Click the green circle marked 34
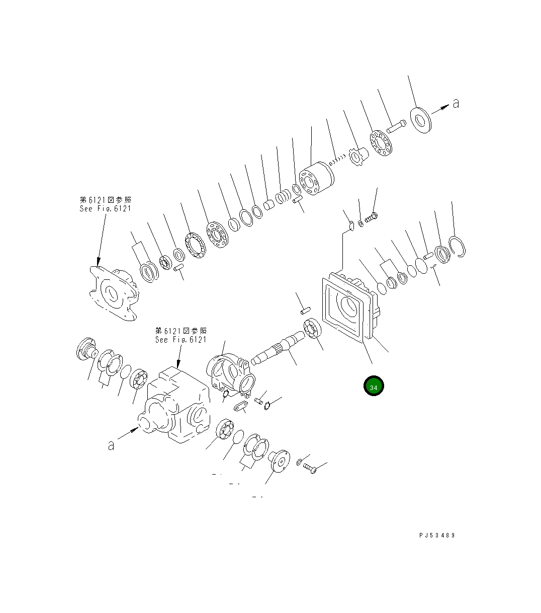374,387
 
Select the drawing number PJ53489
436,535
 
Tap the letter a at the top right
456,104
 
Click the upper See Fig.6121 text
105,208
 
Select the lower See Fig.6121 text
181,339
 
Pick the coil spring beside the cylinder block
338,160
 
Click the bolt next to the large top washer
395,126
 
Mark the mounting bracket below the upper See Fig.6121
113,292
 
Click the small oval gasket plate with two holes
241,406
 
